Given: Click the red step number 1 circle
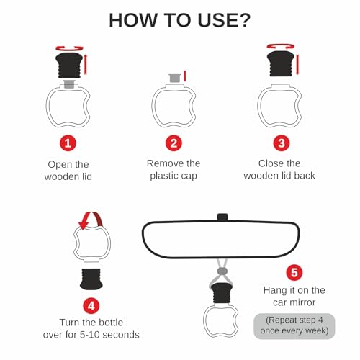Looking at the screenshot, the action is click(68, 143).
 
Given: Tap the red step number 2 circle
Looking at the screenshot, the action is click(174, 143).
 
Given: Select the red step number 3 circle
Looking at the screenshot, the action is click(282, 143).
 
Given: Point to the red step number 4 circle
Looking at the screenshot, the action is click(91, 306).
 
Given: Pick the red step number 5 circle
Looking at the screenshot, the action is click(294, 272).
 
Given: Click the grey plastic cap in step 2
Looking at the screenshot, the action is click(174, 78).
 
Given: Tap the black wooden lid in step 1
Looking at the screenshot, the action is click(69, 66).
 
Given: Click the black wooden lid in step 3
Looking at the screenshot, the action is click(281, 63).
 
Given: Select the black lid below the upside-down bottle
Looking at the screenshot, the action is click(91, 279).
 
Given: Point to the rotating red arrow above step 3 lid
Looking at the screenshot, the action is click(281, 46).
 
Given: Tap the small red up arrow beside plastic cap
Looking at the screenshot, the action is click(185, 76).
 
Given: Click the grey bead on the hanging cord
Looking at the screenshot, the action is click(222, 271).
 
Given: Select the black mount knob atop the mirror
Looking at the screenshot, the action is click(222, 217).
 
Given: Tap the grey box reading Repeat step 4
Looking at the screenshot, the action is click(294, 326).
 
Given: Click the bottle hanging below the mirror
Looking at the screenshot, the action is click(221, 310).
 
